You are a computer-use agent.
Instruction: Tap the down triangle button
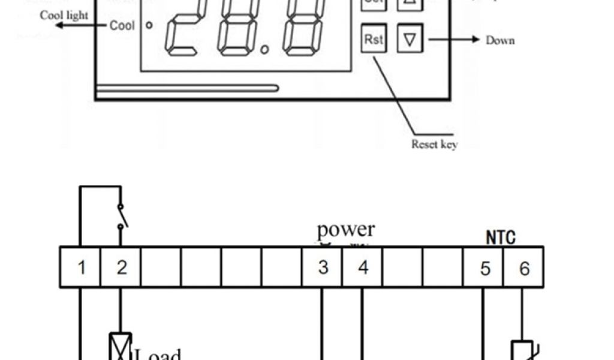click(x=410, y=40)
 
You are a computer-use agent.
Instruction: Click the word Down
click(x=500, y=40)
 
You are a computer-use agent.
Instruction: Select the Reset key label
click(x=434, y=144)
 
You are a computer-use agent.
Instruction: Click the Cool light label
click(x=64, y=16)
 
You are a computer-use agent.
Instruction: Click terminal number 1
click(x=82, y=268)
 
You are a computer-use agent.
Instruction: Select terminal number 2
click(x=122, y=268)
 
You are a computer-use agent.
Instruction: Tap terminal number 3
click(x=323, y=268)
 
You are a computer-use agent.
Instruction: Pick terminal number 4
click(x=363, y=268)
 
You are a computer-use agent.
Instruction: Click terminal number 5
click(x=484, y=268)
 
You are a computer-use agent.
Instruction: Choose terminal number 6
click(x=524, y=268)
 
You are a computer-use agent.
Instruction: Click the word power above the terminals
click(x=346, y=229)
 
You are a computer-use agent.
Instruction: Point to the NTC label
click(x=501, y=238)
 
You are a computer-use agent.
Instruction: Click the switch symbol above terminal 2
click(x=122, y=217)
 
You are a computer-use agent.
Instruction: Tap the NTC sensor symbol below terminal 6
click(x=519, y=350)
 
